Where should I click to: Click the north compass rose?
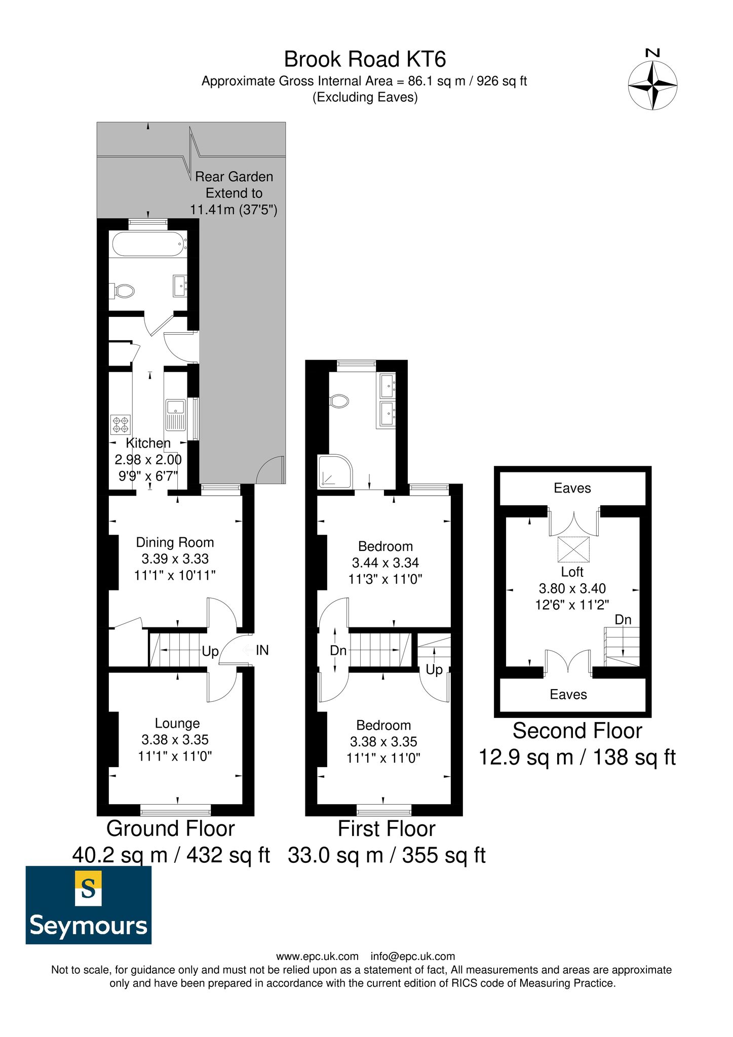(652, 85)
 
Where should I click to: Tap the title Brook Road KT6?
(365, 59)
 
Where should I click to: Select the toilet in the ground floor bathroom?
(123, 291)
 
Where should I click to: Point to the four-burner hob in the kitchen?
(121, 424)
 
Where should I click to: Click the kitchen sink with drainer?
(175, 414)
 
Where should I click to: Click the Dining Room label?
(175, 542)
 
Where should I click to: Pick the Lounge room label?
(177, 723)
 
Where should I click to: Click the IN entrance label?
(262, 650)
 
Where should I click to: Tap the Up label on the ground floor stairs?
(210, 651)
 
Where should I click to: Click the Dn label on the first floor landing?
(338, 650)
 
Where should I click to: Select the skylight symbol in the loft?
(573, 549)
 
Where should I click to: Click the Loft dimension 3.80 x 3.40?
(572, 588)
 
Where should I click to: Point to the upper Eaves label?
(572, 488)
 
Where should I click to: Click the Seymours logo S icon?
(89, 888)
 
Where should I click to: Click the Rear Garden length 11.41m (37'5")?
(234, 210)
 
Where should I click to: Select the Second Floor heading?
(577, 731)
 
